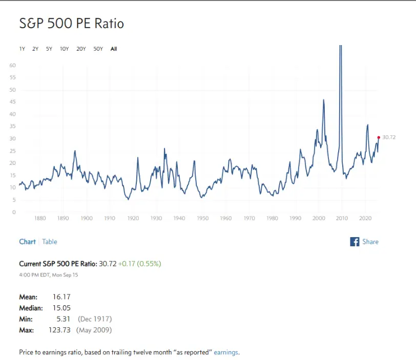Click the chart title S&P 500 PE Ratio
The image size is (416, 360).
pyautogui.click(x=71, y=24)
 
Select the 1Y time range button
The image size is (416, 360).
pyautogui.click(x=22, y=49)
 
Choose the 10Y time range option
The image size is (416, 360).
pyautogui.click(x=64, y=49)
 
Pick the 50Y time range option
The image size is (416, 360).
pyautogui.click(x=98, y=49)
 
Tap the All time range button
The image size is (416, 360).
pyautogui.click(x=114, y=49)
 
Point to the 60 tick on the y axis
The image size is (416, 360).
pyautogui.click(x=12, y=66)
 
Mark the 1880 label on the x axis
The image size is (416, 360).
pyautogui.click(x=40, y=218)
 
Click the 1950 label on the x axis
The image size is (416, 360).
pyautogui.click(x=202, y=218)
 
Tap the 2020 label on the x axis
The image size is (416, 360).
pyautogui.click(x=365, y=218)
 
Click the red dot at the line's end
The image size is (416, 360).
pyautogui.click(x=379, y=137)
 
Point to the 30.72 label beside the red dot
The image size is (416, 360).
pyautogui.click(x=389, y=137)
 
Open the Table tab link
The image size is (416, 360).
pyautogui.click(x=50, y=242)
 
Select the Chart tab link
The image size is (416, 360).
pyautogui.click(x=27, y=242)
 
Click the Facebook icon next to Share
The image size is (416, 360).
pyautogui.click(x=355, y=242)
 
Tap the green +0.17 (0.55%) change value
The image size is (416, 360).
pyautogui.click(x=139, y=264)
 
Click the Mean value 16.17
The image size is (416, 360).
pyautogui.click(x=61, y=297)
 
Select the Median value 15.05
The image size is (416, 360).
pyautogui.click(x=61, y=308)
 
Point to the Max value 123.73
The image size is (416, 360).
pyautogui.click(x=60, y=330)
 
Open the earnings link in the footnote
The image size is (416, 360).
pyautogui.click(x=226, y=352)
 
